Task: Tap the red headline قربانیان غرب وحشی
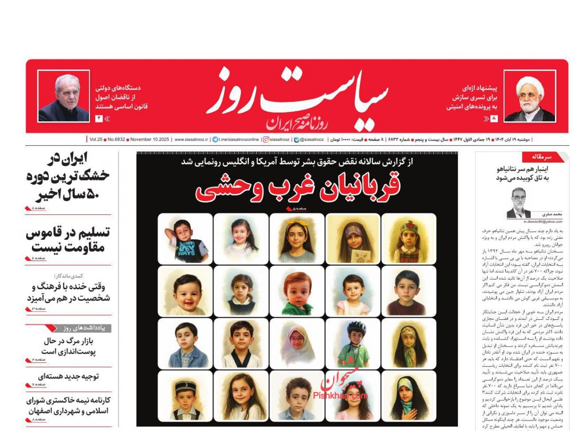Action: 298,186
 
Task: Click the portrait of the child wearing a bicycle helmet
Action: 353,344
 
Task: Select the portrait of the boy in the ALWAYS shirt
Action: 185,239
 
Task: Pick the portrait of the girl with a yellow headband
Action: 297,239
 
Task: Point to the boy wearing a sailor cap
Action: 185,396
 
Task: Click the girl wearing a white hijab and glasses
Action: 297,344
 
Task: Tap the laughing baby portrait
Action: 185,291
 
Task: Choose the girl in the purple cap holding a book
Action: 353,239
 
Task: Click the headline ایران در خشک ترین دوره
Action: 68,176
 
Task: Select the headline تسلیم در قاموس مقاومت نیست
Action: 68,240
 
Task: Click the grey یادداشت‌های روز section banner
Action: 84,328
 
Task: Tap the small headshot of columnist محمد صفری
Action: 518,203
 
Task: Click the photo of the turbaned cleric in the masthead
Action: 530,97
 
